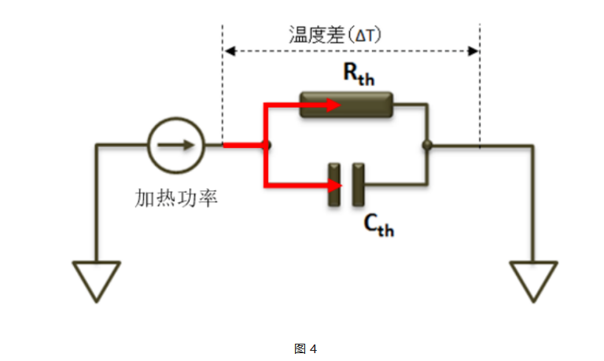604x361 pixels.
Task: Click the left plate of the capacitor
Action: (334, 185)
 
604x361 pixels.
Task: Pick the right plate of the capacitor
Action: (359, 185)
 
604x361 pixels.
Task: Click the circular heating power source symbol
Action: (176, 145)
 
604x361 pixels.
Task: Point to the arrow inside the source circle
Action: (177, 145)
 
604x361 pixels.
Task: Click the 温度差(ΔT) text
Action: (335, 35)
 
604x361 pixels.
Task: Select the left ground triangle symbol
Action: (97, 281)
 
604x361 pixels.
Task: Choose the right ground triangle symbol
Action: (532, 281)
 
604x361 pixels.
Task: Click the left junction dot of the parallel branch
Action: (268, 145)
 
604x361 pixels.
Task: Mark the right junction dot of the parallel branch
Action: (426, 145)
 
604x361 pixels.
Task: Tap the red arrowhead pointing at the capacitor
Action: (333, 186)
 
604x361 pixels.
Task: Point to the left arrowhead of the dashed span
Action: (230, 51)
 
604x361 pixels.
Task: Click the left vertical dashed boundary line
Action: (224, 87)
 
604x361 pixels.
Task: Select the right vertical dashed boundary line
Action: (479, 87)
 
